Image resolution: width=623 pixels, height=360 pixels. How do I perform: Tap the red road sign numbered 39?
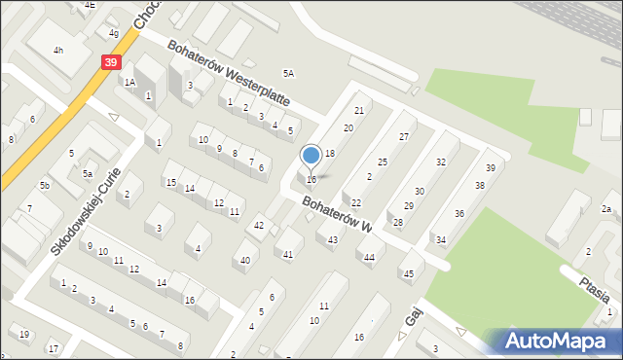point(110,62)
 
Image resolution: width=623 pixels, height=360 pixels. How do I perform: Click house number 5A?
point(288,73)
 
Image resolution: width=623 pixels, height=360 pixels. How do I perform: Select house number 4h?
point(58,51)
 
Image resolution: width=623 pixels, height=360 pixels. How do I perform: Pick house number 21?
point(359,111)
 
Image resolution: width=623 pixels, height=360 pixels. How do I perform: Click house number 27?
point(404,137)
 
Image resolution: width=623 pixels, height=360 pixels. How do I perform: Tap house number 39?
point(491,168)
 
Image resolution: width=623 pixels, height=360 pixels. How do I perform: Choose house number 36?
point(459,213)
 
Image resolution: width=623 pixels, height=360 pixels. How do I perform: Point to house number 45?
point(407,273)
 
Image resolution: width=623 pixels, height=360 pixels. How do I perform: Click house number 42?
point(259,225)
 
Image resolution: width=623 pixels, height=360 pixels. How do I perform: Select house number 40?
point(244,260)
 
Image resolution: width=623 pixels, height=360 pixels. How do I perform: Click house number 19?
point(24,334)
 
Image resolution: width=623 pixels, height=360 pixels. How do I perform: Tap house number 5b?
point(45,185)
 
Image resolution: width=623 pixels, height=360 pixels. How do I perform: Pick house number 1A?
point(129,83)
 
